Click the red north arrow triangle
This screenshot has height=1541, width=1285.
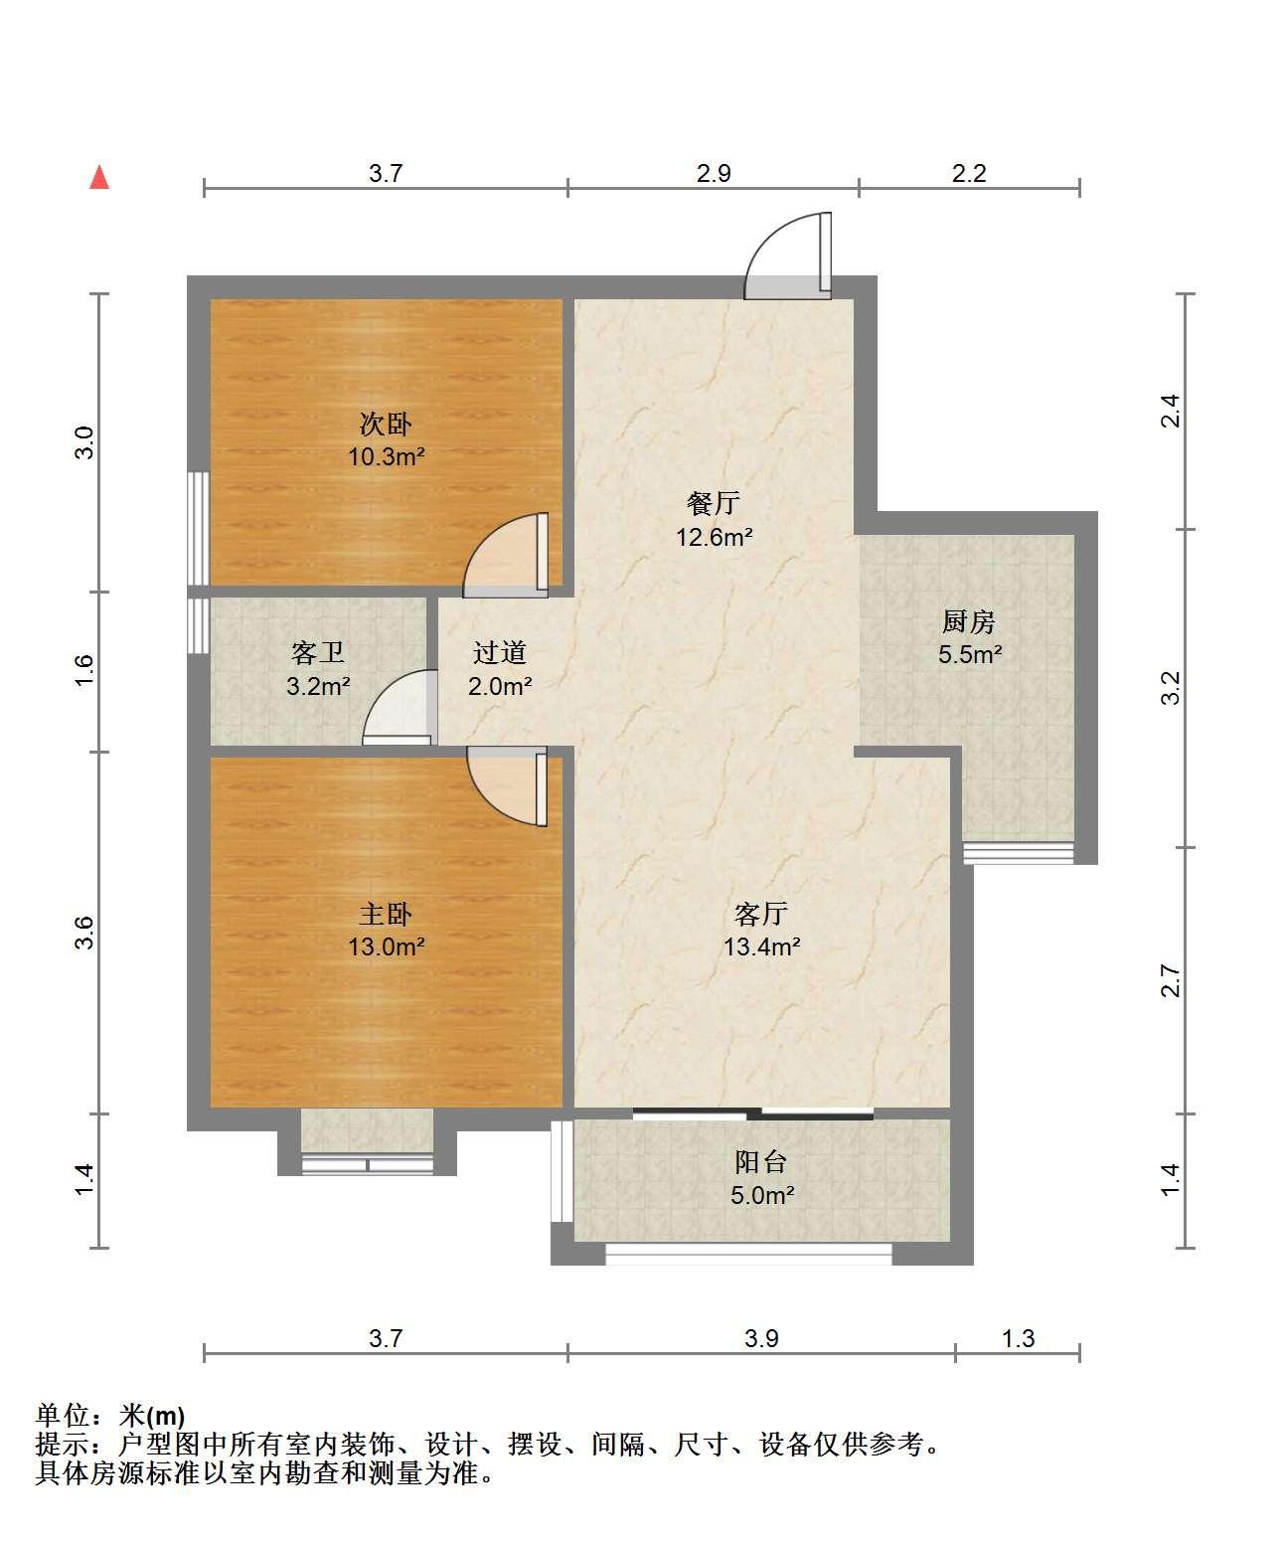(x=99, y=178)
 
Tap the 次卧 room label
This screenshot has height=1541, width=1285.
(x=385, y=424)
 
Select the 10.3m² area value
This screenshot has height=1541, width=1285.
(x=386, y=457)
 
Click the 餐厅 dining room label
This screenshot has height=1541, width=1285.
(x=714, y=503)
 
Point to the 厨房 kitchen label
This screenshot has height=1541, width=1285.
(x=969, y=621)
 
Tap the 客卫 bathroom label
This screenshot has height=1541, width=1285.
(x=317, y=653)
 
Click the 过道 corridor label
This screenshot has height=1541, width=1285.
(x=500, y=653)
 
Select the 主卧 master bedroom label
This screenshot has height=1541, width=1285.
(x=385, y=915)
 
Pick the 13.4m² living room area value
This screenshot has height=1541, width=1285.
(x=762, y=946)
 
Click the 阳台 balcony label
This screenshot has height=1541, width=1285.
(x=761, y=1162)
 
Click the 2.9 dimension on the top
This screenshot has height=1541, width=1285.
(x=714, y=173)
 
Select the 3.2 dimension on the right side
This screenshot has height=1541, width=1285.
(x=1171, y=688)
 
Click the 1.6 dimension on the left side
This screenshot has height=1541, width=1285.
(x=84, y=670)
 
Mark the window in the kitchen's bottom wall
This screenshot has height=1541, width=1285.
(x=1018, y=854)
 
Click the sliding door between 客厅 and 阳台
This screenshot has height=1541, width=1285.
(x=753, y=1115)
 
